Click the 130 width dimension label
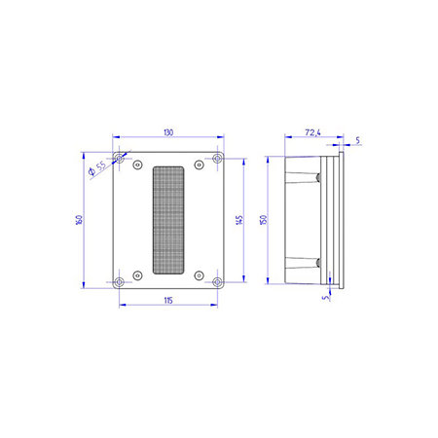(168, 132)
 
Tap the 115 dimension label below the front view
(168, 301)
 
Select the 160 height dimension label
(79, 220)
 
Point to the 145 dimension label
(239, 220)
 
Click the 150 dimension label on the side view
(263, 219)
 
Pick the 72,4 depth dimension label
(312, 132)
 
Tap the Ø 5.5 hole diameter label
(97, 167)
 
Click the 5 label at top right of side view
(357, 140)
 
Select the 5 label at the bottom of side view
(326, 297)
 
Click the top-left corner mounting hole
(120, 159)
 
